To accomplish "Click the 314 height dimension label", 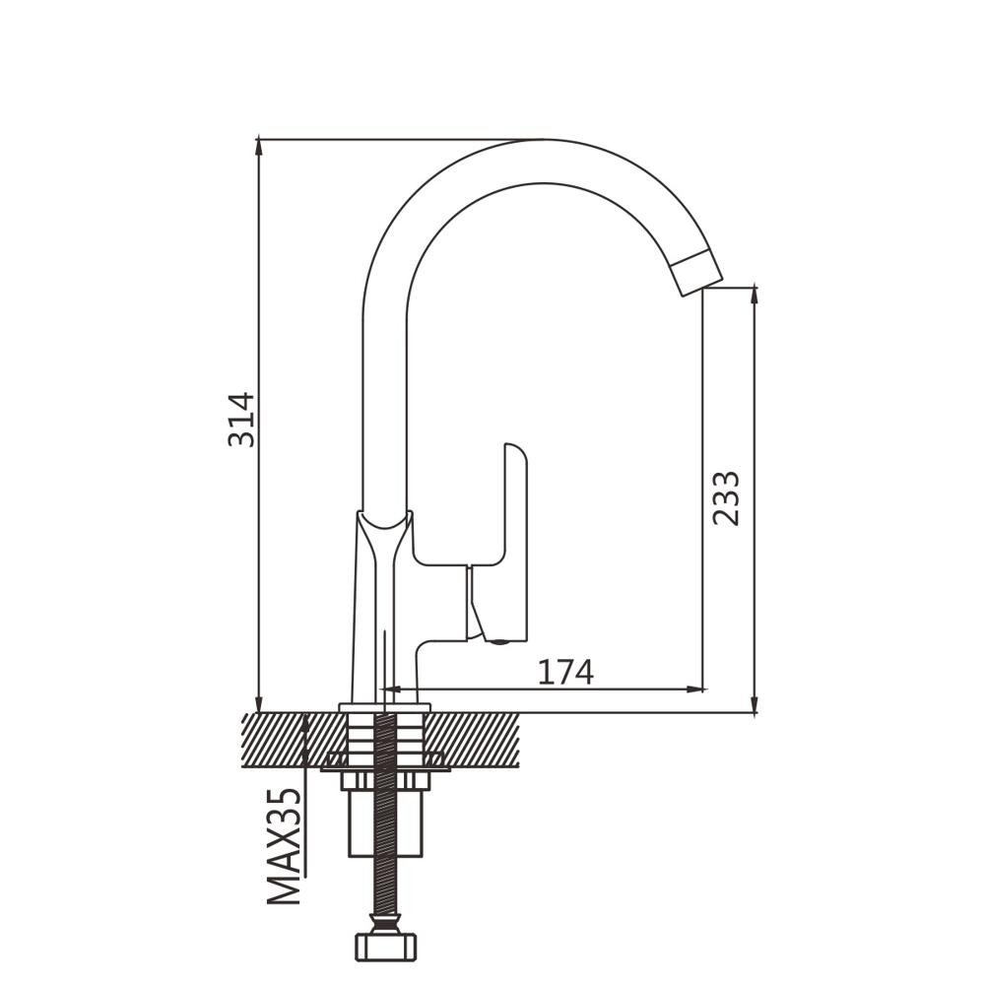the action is (x=242, y=420).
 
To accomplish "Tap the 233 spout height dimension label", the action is (x=726, y=497).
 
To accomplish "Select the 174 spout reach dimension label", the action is (x=565, y=672).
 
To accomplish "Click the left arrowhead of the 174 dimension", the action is (x=391, y=689).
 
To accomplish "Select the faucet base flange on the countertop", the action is (x=384, y=708).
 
